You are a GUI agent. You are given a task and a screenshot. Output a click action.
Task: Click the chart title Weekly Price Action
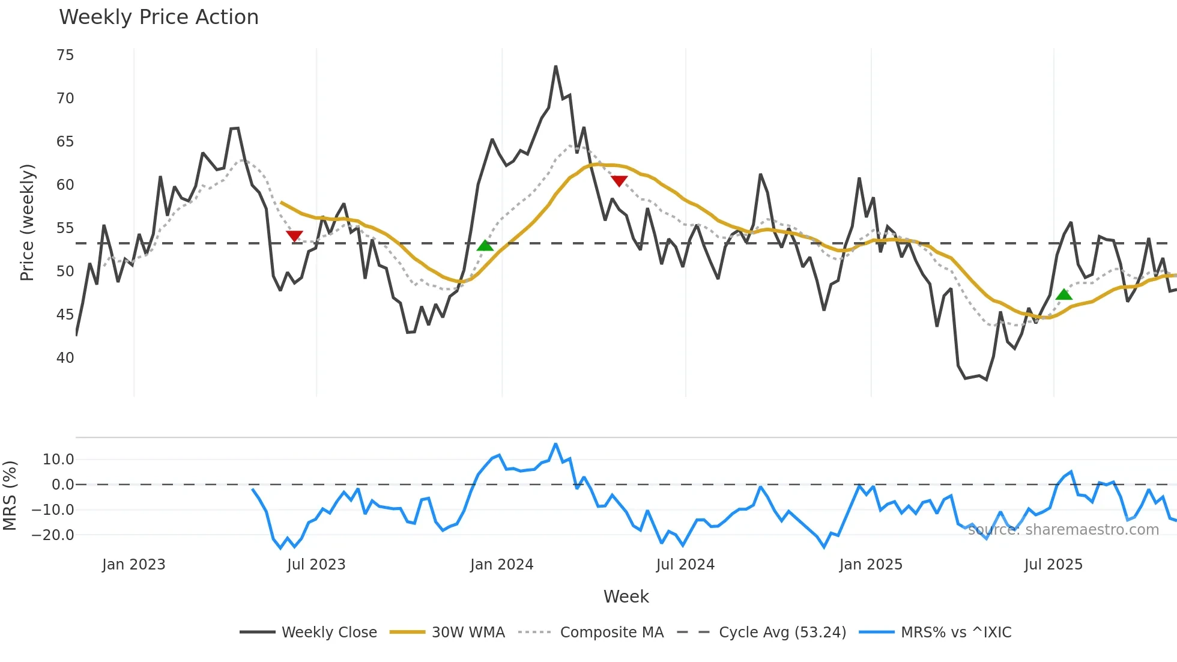159,17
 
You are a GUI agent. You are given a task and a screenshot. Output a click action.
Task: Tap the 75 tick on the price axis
65,55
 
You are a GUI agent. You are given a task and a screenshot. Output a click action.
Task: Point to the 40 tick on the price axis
65,358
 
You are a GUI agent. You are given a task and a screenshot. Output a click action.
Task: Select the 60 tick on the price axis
65,185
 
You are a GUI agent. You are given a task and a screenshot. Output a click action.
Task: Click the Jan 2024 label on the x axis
501,565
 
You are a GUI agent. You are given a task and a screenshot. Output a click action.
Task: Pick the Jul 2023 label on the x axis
316,565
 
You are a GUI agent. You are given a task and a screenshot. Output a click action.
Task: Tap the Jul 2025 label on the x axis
1053,565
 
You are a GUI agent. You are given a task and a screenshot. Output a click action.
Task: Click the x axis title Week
626,597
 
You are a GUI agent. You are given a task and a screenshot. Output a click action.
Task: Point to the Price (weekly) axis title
28,222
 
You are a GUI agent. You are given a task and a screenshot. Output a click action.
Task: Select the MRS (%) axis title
10,496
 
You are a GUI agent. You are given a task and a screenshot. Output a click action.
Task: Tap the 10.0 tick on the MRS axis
58,460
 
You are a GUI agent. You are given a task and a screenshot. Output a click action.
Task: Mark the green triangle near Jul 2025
1064,294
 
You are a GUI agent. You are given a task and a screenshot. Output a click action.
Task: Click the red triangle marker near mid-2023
294,236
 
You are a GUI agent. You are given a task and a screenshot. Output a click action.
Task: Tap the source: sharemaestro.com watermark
1063,530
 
